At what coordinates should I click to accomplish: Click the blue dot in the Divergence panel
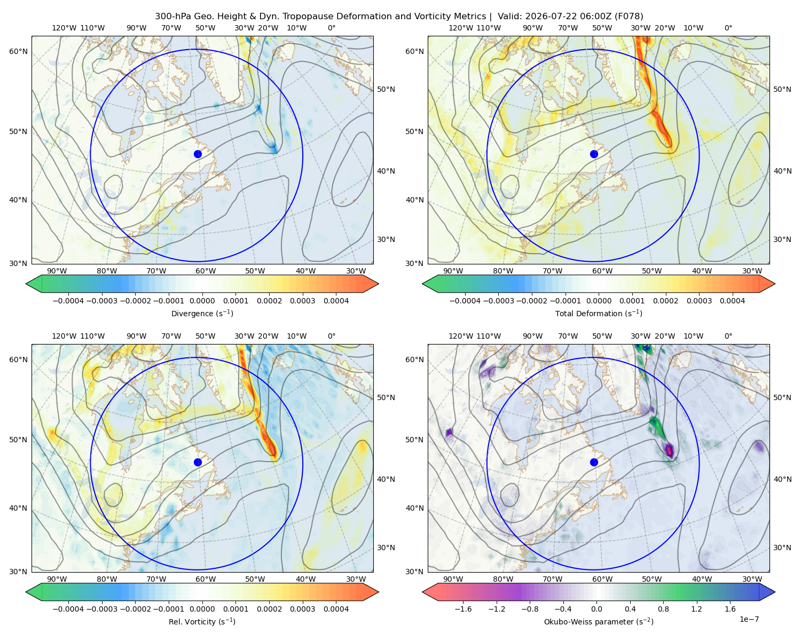click(x=198, y=154)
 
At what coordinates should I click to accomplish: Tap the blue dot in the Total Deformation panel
click(x=594, y=154)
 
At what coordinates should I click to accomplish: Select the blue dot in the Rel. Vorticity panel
click(x=198, y=462)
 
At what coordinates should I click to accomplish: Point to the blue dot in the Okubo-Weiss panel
click(x=594, y=462)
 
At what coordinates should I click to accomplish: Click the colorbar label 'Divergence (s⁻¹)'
click(x=202, y=313)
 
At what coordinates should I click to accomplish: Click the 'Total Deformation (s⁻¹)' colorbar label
click(x=599, y=313)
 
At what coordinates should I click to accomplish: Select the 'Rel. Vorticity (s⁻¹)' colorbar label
click(x=202, y=622)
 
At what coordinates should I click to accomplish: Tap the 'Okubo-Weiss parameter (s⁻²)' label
click(x=599, y=622)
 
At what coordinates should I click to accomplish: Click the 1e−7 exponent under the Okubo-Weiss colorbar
click(x=749, y=619)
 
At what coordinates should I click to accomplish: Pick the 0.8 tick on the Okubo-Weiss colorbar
click(x=663, y=609)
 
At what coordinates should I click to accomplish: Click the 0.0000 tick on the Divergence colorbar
click(x=202, y=301)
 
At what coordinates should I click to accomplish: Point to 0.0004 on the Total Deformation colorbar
click(x=732, y=301)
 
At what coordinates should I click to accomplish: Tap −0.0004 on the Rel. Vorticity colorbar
click(x=68, y=609)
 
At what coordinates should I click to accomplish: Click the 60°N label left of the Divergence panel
click(x=18, y=51)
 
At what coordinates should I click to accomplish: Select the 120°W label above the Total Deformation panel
click(x=460, y=28)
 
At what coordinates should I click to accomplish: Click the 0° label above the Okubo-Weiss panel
click(x=728, y=336)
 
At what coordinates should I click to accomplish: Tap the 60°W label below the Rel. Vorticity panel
click(x=206, y=579)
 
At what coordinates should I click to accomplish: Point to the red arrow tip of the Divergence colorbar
click(x=379, y=284)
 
